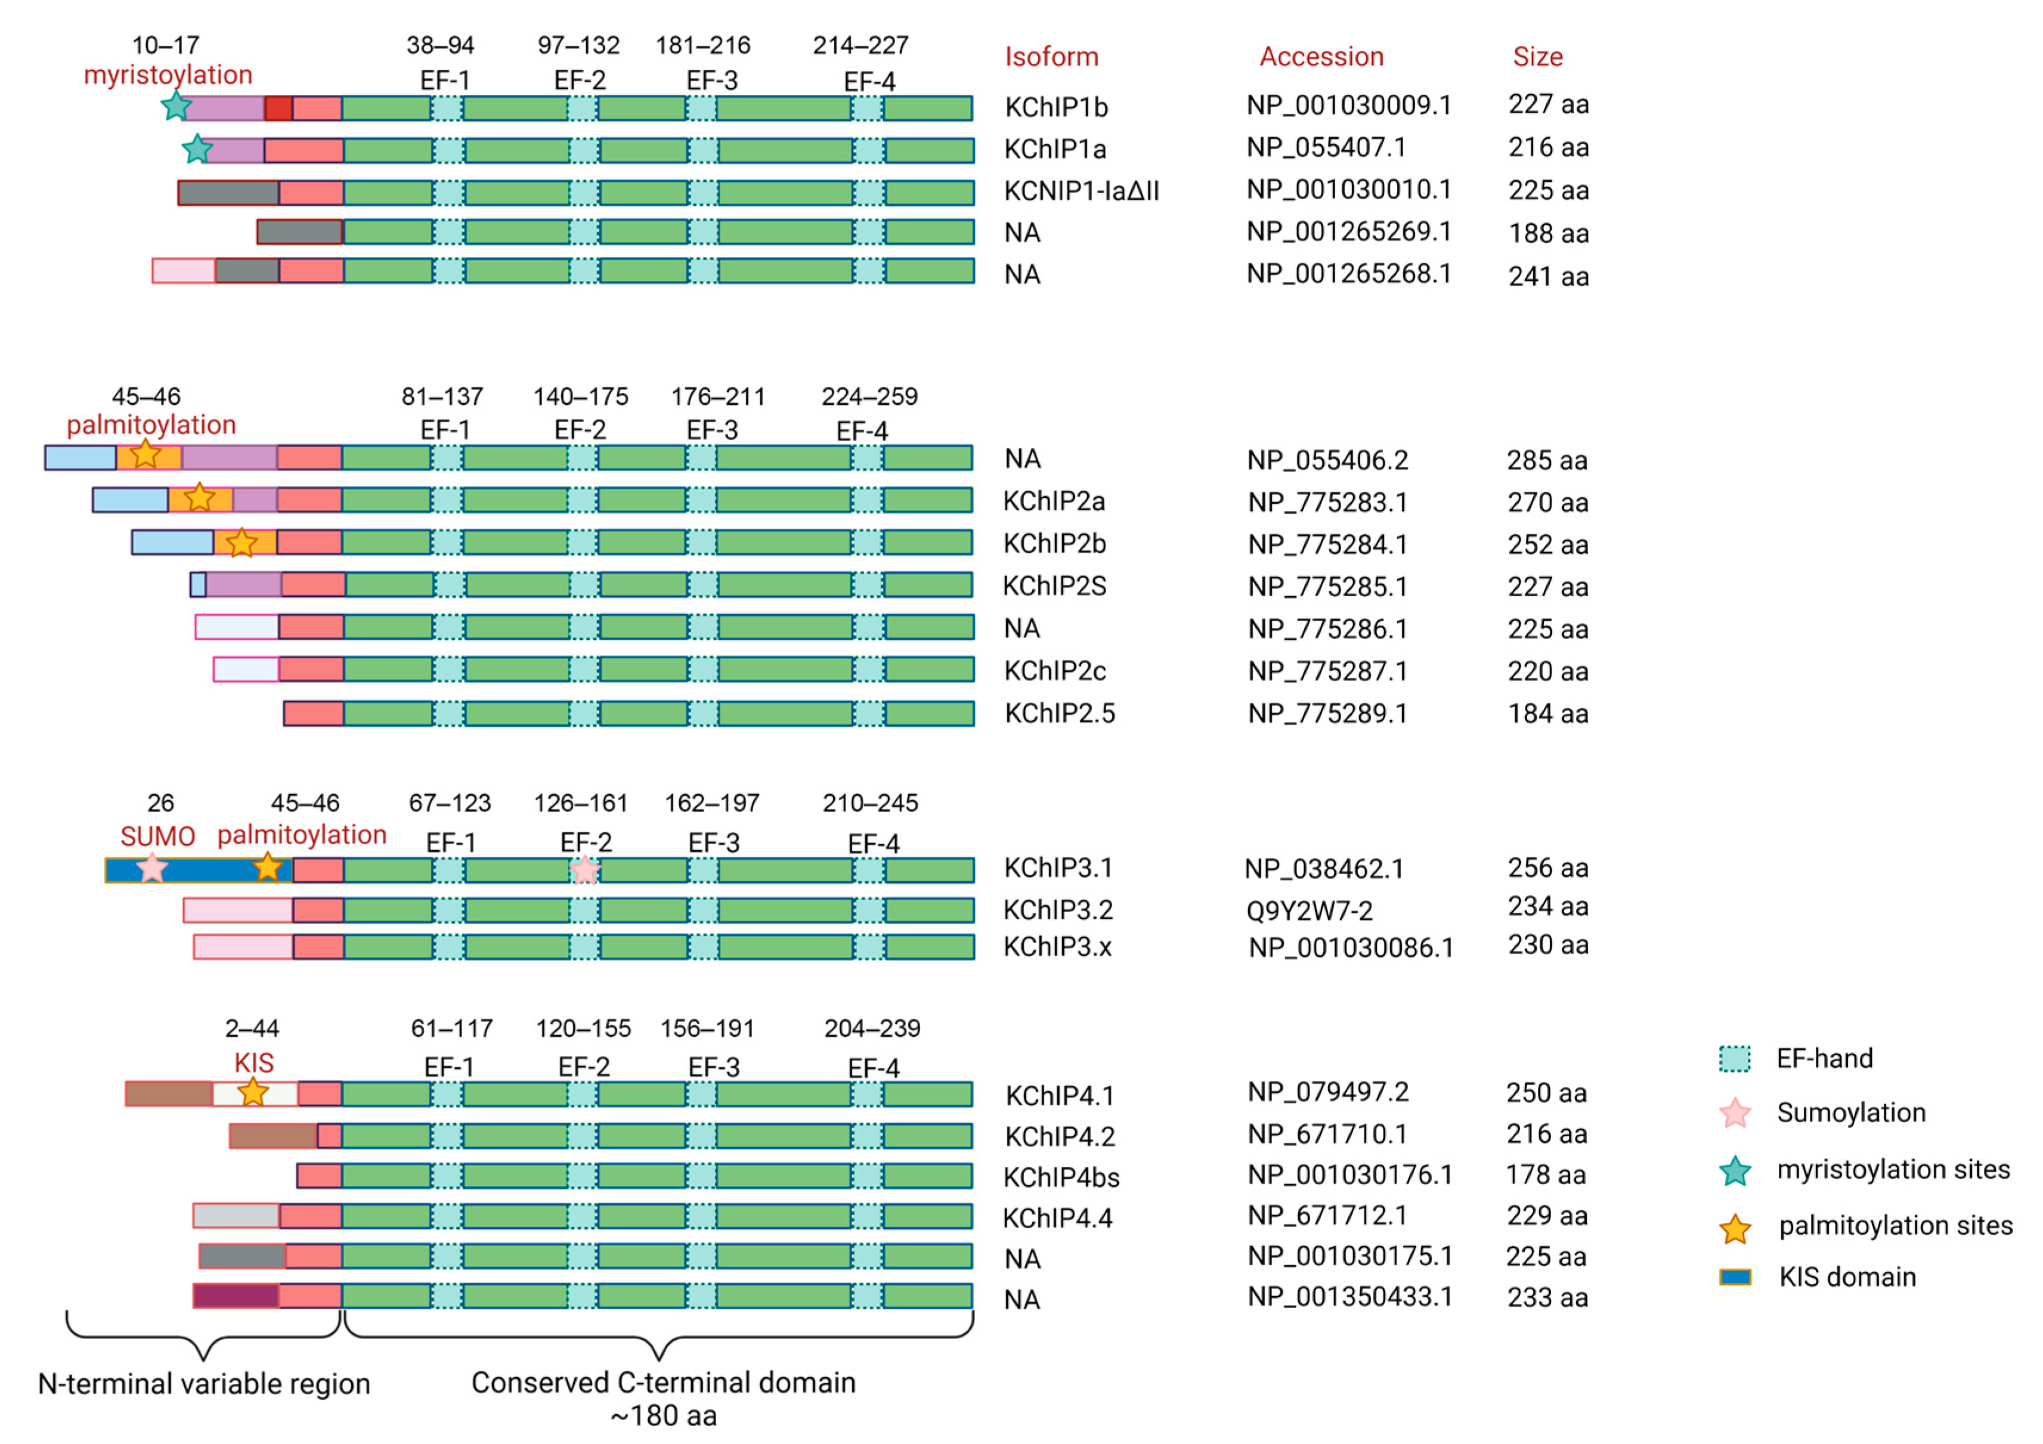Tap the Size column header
(1537, 57)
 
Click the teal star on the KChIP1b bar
(176, 107)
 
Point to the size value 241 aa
(1547, 277)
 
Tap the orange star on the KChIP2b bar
(241, 543)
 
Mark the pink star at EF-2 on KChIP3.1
(584, 870)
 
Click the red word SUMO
(157, 836)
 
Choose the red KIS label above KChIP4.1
(253, 1063)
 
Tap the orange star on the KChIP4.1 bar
(253, 1093)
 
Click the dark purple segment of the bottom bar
(236, 1296)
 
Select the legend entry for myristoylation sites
(1893, 1169)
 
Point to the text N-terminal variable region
(204, 1384)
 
